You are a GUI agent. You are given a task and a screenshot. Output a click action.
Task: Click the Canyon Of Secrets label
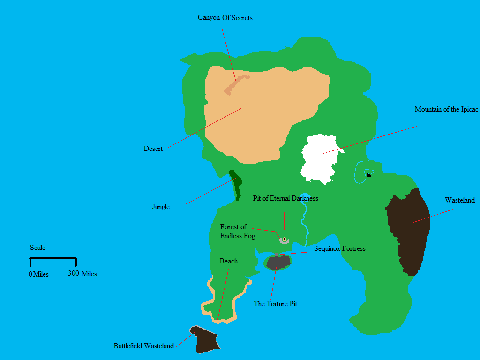(x=225, y=18)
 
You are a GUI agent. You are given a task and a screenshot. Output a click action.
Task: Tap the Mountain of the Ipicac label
(x=446, y=109)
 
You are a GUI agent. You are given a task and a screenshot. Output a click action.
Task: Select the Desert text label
(x=153, y=149)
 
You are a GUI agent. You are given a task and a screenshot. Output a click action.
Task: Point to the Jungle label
(x=161, y=207)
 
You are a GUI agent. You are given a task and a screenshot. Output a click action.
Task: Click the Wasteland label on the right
(x=459, y=200)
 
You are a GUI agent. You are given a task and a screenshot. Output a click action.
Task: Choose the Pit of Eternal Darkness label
(x=285, y=198)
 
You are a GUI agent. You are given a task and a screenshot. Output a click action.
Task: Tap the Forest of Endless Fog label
(x=237, y=231)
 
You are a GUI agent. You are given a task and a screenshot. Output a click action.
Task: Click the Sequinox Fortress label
(x=339, y=248)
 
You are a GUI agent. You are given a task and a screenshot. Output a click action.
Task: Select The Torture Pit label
(x=275, y=304)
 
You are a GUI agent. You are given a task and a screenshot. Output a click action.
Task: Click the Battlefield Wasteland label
(x=143, y=346)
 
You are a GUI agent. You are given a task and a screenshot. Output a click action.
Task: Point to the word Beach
(x=228, y=261)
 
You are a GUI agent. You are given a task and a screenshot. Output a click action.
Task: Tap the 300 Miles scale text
(x=82, y=273)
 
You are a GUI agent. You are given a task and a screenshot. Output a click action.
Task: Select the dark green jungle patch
(x=236, y=184)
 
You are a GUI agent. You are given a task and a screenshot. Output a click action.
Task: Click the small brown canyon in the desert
(x=236, y=83)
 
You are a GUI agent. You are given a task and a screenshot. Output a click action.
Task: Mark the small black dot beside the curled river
(x=369, y=175)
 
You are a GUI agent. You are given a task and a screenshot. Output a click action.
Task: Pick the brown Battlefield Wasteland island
(x=205, y=340)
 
